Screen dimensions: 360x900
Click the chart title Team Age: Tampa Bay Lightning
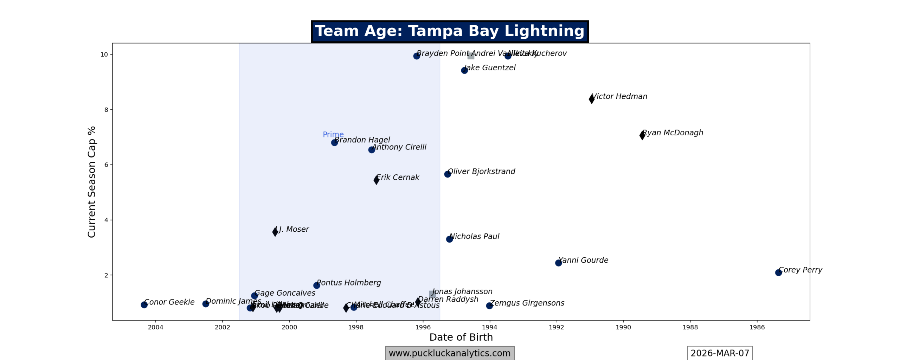pyautogui.click(x=449, y=31)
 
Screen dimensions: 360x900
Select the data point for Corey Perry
pyautogui.click(x=778, y=272)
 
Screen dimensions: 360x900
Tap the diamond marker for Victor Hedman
pyautogui.click(x=592, y=99)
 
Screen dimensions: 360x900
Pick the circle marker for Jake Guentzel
pyautogui.click(x=464, y=70)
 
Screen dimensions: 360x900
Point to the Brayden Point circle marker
pyautogui.click(x=416, y=56)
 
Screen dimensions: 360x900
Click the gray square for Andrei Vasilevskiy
pyautogui.click(x=471, y=56)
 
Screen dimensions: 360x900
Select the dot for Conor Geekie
pyautogui.click(x=144, y=305)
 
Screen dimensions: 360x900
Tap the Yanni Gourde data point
pyautogui.click(x=558, y=263)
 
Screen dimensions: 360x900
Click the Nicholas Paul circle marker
pyautogui.click(x=449, y=239)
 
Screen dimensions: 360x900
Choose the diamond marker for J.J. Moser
pyautogui.click(x=275, y=232)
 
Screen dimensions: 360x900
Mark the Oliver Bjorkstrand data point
pyautogui.click(x=447, y=174)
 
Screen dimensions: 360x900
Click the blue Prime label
pyautogui.click(x=333, y=135)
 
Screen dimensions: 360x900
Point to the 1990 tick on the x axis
pyautogui.click(x=623, y=327)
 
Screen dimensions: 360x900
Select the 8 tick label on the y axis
pyautogui.click(x=106, y=110)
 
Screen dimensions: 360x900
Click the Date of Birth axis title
pyautogui.click(x=461, y=337)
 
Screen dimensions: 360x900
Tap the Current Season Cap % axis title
pyautogui.click(x=91, y=182)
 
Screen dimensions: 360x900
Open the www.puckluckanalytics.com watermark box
pyautogui.click(x=449, y=353)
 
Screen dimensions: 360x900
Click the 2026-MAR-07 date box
pyautogui.click(x=719, y=353)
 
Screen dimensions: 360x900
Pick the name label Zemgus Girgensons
pyautogui.click(x=527, y=303)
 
